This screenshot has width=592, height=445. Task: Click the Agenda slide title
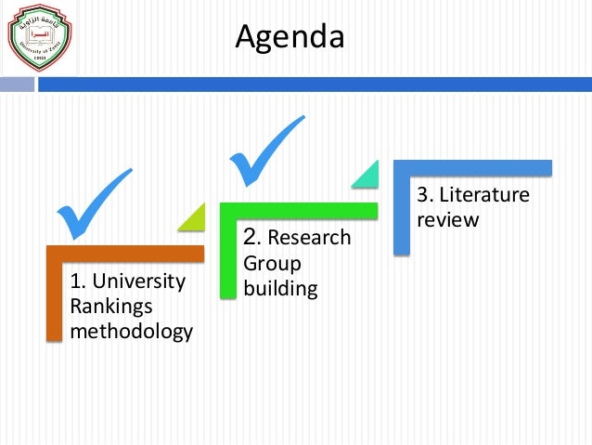tap(290, 37)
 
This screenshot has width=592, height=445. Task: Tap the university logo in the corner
tap(38, 37)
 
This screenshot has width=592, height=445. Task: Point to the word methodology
tap(132, 330)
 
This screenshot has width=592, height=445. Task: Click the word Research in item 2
tap(310, 239)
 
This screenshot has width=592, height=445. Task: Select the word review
tap(447, 220)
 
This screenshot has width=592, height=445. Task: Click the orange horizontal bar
tap(125, 254)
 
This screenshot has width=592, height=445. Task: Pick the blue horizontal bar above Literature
tap(472, 168)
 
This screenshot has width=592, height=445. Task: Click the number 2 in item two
tap(249, 237)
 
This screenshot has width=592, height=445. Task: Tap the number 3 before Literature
tap(422, 196)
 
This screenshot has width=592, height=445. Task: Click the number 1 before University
tap(75, 281)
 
